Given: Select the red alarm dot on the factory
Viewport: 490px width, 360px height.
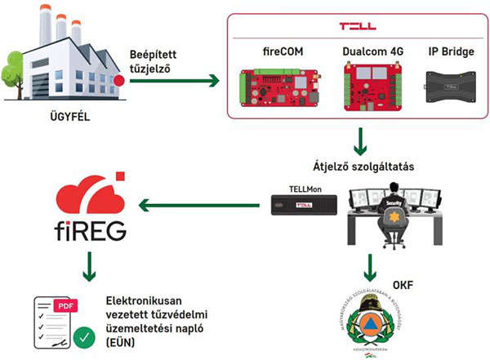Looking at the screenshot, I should (x=119, y=80).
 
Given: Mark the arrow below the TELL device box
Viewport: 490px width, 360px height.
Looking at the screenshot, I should (x=359, y=142).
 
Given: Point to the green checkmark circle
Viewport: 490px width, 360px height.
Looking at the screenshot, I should (x=82, y=334).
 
